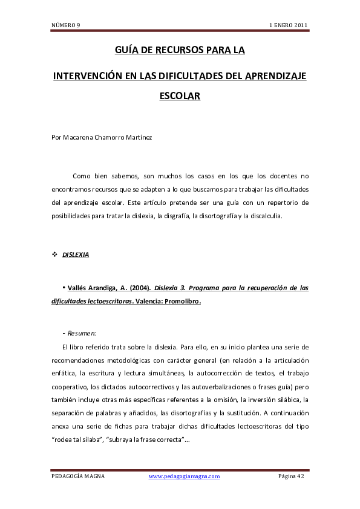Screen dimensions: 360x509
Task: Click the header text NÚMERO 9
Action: (x=66, y=25)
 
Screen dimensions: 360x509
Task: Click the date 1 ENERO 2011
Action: (x=289, y=25)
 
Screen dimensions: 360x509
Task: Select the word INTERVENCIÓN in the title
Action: (x=90, y=76)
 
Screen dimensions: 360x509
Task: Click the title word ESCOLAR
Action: (x=179, y=96)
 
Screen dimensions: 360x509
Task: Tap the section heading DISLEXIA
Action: (x=76, y=255)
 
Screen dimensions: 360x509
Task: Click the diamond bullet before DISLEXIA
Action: (x=54, y=255)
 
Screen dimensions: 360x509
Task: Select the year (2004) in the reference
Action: (x=140, y=288)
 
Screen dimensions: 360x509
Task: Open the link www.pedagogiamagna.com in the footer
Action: (x=184, y=476)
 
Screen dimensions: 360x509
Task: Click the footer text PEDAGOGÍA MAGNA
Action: (x=78, y=476)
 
